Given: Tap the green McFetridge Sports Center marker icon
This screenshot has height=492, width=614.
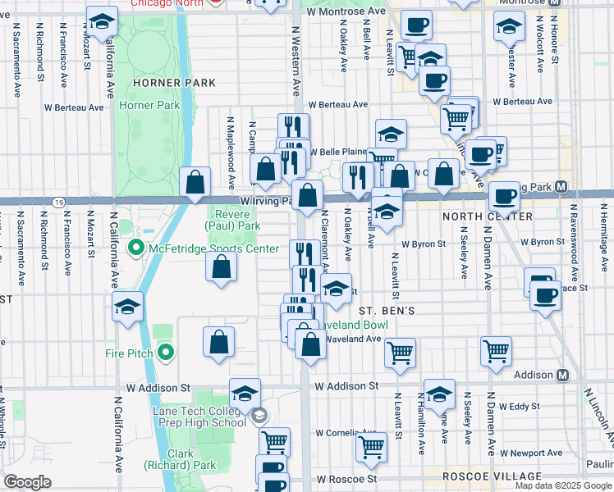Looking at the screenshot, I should tap(137, 248).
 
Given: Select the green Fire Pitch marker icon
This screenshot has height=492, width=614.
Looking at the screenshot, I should tap(166, 353).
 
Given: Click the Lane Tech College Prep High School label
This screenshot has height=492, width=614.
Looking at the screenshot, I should tap(199, 416).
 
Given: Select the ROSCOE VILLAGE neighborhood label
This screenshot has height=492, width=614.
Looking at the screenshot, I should tap(492, 476).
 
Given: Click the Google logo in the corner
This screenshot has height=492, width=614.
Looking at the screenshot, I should tap(27, 482).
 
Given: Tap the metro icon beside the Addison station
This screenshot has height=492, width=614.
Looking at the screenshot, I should tap(562, 375).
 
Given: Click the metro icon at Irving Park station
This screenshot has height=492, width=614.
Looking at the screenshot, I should tap(561, 187).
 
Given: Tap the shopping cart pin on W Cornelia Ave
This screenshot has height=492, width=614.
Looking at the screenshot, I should tap(372, 448).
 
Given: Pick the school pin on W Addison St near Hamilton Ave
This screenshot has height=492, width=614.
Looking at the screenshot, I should tap(439, 394).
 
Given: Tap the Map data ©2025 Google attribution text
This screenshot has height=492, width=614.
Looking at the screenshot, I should tap(563, 485).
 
